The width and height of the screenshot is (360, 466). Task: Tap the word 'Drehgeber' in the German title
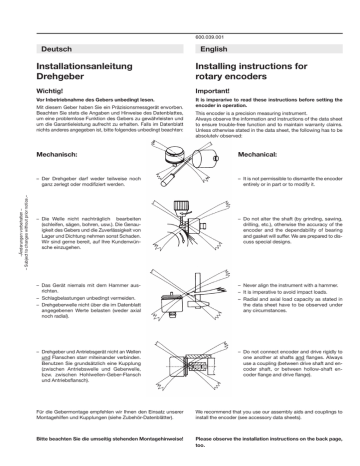pos(62,78)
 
